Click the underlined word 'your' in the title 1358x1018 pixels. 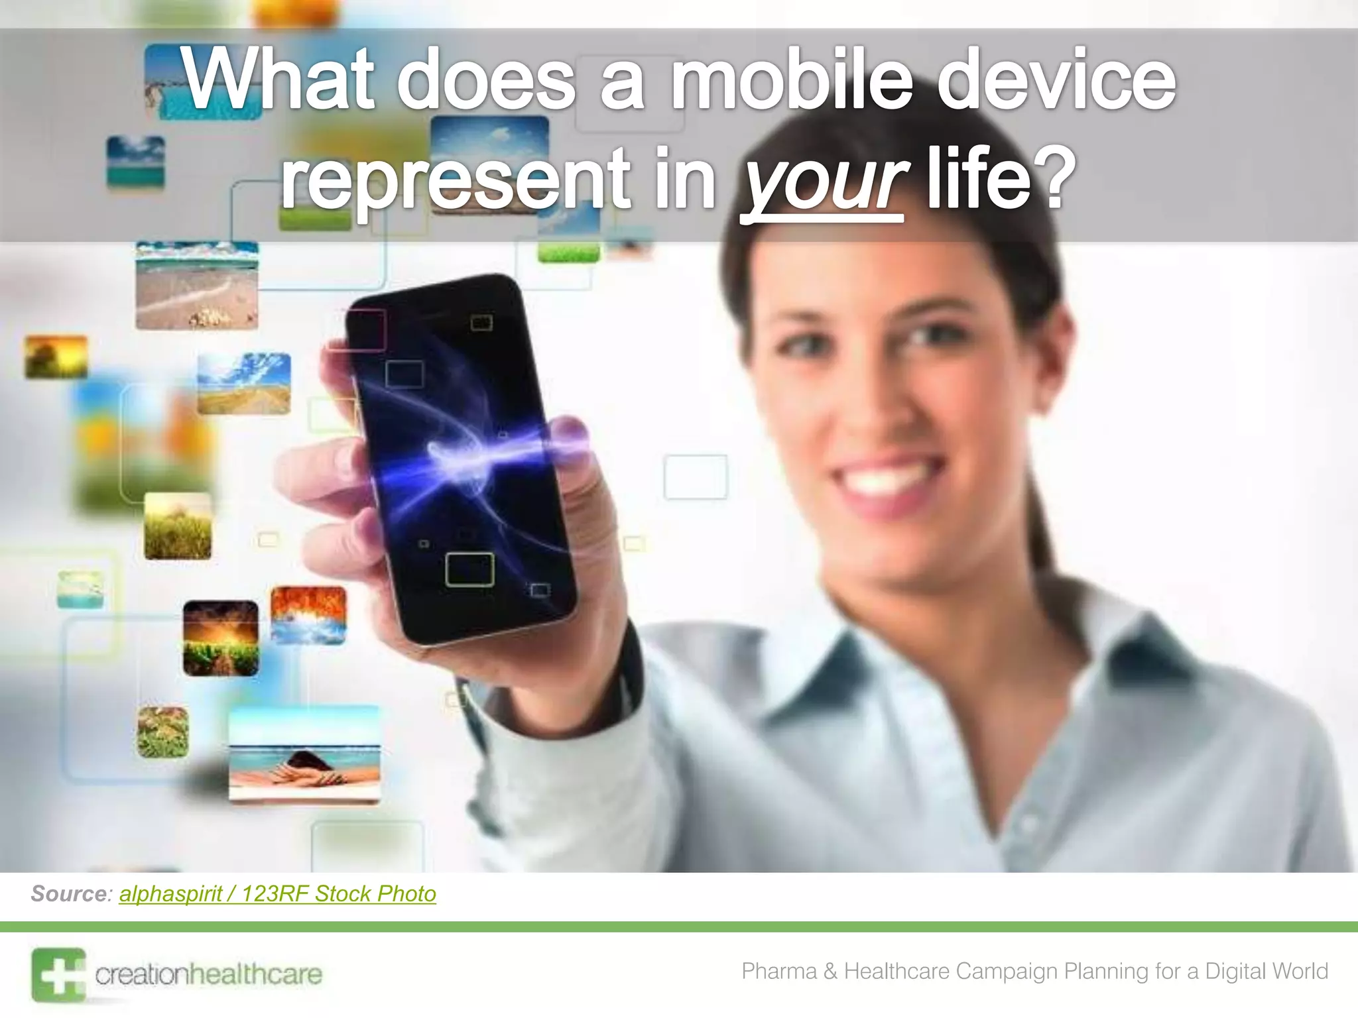[x=823, y=180]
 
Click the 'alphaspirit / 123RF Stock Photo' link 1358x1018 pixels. [x=277, y=894]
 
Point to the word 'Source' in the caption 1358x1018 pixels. [x=69, y=894]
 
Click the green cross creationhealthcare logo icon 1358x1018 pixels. [x=58, y=975]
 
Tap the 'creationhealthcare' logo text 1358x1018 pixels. [x=208, y=974]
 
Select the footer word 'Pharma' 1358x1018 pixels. [x=778, y=971]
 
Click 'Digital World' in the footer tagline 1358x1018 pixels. [x=1266, y=971]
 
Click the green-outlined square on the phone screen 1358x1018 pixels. [x=469, y=569]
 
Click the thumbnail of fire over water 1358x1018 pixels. [x=308, y=615]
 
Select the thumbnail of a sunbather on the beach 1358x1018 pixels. [x=304, y=756]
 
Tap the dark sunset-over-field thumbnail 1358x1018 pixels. [x=221, y=638]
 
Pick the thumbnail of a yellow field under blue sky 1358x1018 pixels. [x=244, y=383]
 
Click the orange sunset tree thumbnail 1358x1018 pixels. [x=56, y=357]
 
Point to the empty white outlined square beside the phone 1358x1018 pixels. [x=696, y=477]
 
